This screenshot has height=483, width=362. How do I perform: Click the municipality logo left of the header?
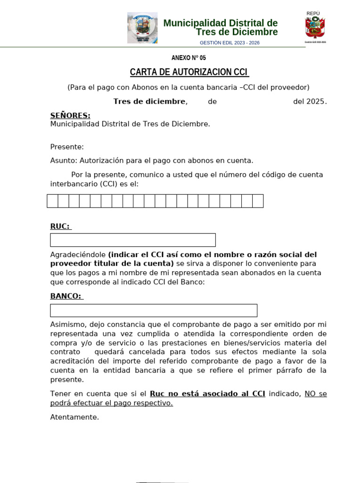coord(142,28)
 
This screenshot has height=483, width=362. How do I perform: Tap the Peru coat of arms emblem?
coord(315,27)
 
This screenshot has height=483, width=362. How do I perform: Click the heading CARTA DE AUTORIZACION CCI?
coord(189,72)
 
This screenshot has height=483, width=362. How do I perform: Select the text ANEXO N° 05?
coord(189,58)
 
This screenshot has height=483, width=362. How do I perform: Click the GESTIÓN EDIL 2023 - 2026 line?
coord(230,43)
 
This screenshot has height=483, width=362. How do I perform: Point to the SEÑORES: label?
coord(70,116)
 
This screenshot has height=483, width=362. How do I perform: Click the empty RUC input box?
coord(133,240)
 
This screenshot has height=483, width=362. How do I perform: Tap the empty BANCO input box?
coord(154,310)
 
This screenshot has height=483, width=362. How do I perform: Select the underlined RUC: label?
coord(60,226)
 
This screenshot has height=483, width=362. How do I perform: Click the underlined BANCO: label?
coord(66,296)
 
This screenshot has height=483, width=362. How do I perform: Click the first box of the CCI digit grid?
coord(52,201)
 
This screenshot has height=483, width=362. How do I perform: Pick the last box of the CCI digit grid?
coord(258,201)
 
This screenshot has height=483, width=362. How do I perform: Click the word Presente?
coord(67,147)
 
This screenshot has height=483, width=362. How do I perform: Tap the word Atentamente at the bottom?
coord(74,417)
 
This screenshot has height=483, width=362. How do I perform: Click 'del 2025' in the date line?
coord(310,101)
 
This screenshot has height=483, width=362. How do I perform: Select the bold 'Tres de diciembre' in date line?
coord(149,101)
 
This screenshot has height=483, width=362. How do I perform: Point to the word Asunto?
coord(63,160)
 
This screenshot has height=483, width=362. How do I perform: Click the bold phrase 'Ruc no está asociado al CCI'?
coord(207,394)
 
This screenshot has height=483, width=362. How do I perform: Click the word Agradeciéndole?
coord(78,255)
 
